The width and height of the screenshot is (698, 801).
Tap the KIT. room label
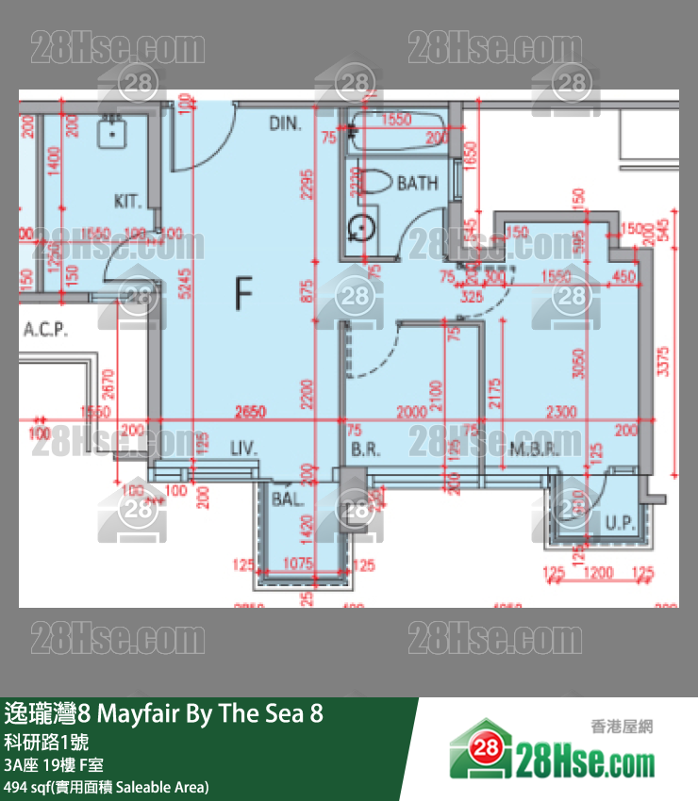pos(127,201)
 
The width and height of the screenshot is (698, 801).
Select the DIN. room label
pos(285,123)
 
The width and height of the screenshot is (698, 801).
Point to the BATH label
pos(417,183)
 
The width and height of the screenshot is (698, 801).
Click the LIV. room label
pos(243,450)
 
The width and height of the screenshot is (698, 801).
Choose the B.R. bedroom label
pos(365,450)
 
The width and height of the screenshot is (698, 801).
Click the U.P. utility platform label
pos(619,521)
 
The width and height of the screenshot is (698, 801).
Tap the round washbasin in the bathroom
pos(360,228)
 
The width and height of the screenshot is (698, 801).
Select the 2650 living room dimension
pos(250,412)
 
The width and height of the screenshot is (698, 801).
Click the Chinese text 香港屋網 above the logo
pos(621,727)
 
